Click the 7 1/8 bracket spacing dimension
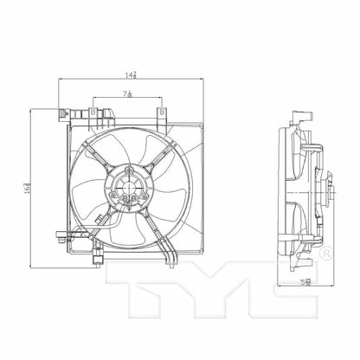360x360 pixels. [127, 93]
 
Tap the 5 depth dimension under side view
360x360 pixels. [304, 279]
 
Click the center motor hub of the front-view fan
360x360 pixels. [129, 183]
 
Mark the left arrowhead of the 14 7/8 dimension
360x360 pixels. [61, 80]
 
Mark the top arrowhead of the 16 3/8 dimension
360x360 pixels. [32, 110]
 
